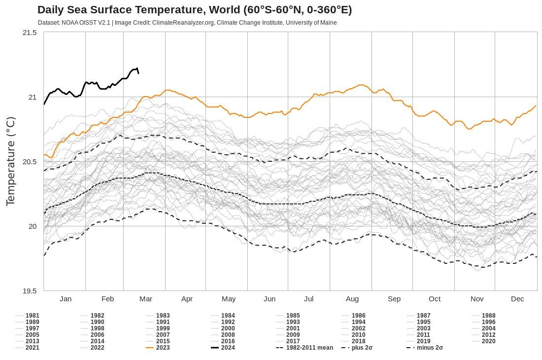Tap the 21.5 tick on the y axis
pyautogui.click(x=30, y=33)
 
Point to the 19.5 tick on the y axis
pyautogui.click(x=30, y=291)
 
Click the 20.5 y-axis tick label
pyautogui.click(x=30, y=162)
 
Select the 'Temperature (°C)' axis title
pyautogui.click(x=11, y=161)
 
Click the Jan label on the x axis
pyautogui.click(x=66, y=299)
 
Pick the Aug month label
pyautogui.click(x=352, y=299)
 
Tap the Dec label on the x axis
pyautogui.click(x=517, y=299)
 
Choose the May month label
pyautogui.click(x=229, y=299)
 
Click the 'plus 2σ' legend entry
pyautogui.click(x=362, y=348)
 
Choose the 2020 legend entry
pyautogui.click(x=488, y=341)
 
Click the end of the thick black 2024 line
pyautogui.click(x=138, y=73)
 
